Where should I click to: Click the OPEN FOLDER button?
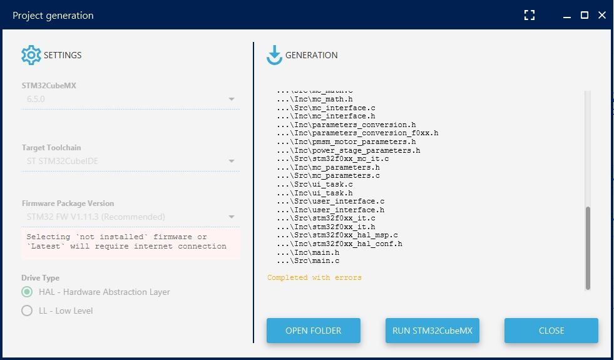[313, 331]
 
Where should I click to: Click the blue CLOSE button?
[551, 331]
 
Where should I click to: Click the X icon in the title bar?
[602, 15]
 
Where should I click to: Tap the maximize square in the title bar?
[585, 15]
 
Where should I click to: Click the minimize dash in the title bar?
[567, 16]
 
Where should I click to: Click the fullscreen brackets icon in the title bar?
[530, 15]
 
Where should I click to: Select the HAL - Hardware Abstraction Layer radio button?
[27, 292]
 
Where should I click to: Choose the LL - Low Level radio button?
[27, 311]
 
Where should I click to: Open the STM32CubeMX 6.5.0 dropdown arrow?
[231, 100]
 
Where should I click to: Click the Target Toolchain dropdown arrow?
[231, 162]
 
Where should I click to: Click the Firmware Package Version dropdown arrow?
[231, 217]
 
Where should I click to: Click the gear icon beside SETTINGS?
[31, 55]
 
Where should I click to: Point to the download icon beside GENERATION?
[274, 55]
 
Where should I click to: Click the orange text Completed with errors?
[314, 277]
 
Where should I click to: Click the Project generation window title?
[53, 16]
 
